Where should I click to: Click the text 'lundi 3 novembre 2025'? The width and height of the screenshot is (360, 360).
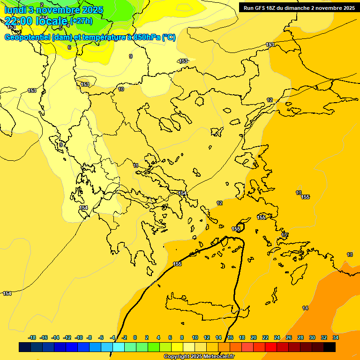coord(54,10)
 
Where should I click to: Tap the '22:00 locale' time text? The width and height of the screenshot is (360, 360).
coord(37,21)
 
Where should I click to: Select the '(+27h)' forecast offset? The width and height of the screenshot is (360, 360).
coord(82,21)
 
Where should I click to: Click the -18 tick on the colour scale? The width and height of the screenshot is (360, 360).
coord(32,337)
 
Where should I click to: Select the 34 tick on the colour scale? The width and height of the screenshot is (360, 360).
coord(336,337)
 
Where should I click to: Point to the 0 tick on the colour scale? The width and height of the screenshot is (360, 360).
coord(135,337)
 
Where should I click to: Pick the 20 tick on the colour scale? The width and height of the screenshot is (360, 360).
coord(254,337)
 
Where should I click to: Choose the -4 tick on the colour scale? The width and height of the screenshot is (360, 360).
coord(112,337)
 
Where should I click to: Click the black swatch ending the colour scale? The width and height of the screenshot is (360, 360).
coord(330,347)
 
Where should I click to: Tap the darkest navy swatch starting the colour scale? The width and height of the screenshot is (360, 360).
coord(25,347)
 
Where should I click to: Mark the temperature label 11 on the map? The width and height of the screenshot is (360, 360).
coord(135,165)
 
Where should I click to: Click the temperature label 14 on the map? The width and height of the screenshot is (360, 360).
coord(305,308)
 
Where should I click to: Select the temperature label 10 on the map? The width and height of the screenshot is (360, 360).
coord(121,89)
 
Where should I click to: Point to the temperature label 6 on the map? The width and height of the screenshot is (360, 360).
coord(69,47)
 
